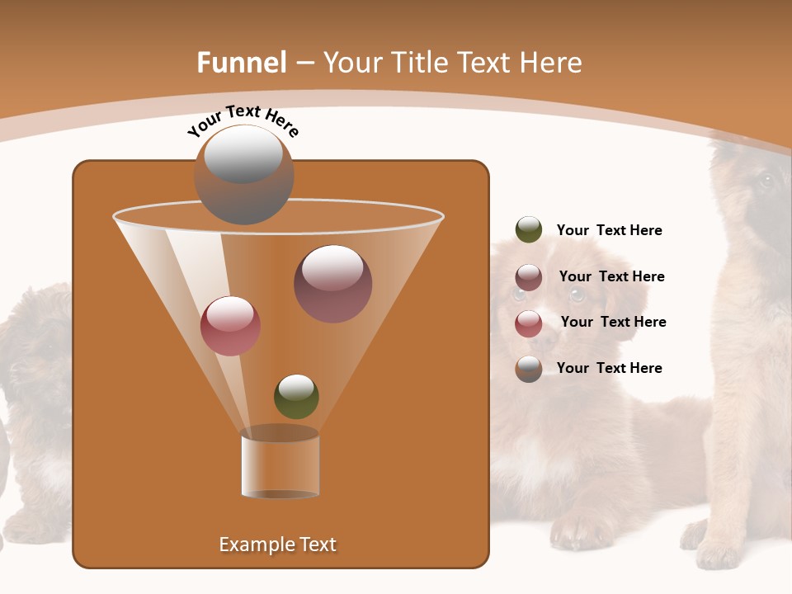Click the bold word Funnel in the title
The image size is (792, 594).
[241, 63]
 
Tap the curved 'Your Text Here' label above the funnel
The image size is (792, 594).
[243, 120]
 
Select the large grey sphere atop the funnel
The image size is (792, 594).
[244, 174]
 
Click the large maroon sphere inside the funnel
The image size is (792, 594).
[333, 284]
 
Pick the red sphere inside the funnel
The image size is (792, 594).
[231, 326]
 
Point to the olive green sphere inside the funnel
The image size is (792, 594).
[296, 397]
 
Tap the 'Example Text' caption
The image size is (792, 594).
[277, 544]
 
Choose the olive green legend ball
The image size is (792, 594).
[529, 230]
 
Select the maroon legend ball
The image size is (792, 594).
[529, 277]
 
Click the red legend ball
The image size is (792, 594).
[529, 323]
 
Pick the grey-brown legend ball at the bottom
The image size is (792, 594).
[529, 369]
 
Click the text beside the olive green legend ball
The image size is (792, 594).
[609, 231]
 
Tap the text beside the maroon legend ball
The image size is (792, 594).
[611, 276]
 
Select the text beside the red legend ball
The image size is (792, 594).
[613, 322]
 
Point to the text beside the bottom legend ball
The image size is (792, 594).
[609, 368]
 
